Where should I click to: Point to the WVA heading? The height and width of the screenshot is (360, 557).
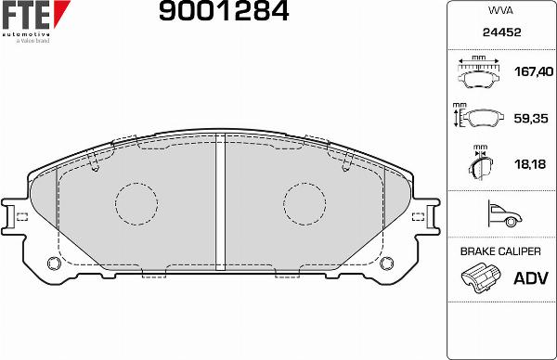500,11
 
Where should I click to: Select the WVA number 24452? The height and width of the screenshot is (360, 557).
500,32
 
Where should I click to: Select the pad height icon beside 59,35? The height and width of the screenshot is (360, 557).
480,118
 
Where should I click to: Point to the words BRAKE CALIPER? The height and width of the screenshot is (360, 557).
500,251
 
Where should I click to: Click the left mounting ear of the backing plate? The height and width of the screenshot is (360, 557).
16,214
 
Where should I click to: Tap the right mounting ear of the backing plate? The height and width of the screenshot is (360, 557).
426,214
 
